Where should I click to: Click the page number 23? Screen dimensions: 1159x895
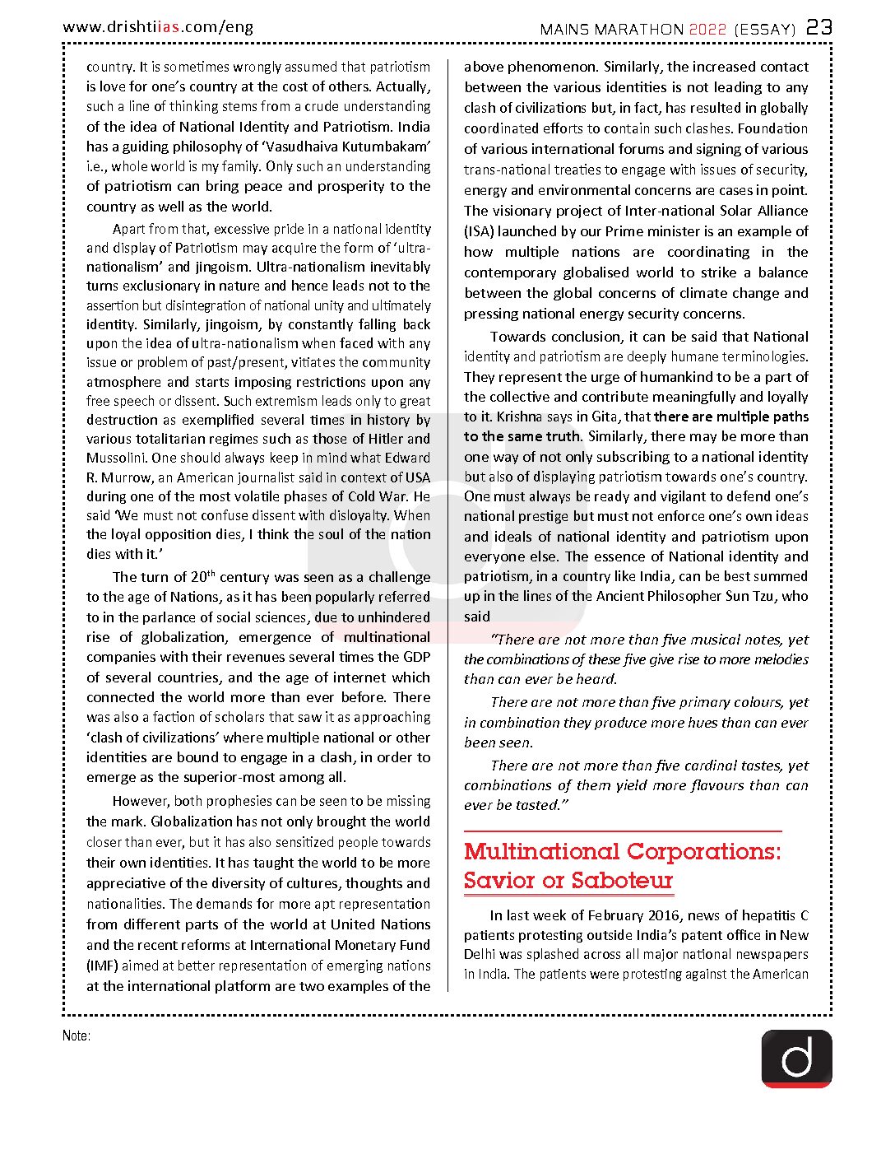point(818,27)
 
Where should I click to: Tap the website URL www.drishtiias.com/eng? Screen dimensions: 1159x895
point(158,27)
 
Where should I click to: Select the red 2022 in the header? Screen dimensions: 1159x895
point(707,30)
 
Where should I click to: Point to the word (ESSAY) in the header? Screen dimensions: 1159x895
point(765,30)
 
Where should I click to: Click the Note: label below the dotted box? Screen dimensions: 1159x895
point(77,1036)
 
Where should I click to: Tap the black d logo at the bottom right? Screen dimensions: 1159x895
point(796,1058)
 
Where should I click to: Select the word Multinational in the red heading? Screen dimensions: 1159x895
point(543,851)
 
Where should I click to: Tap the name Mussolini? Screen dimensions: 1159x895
point(116,458)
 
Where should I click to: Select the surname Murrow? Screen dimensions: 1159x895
point(128,477)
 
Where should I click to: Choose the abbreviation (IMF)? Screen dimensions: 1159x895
point(102,966)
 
